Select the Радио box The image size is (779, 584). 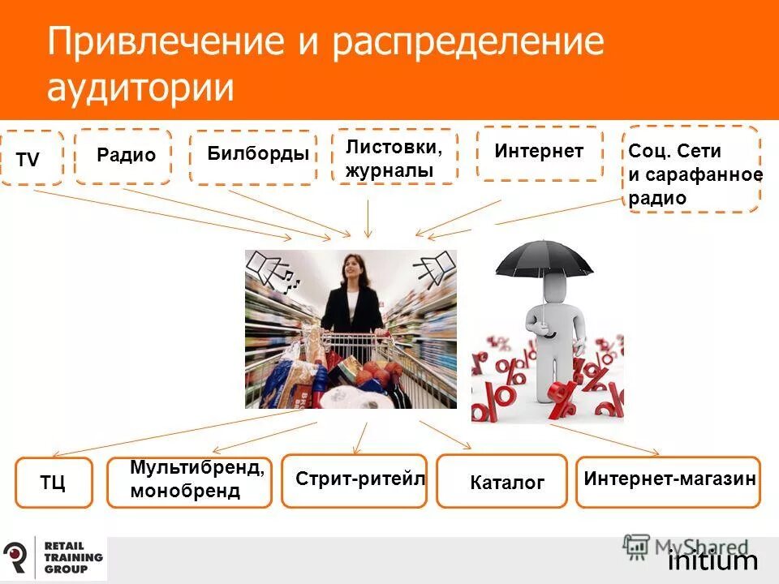pyautogui.click(x=123, y=156)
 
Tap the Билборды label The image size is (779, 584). pyautogui.click(x=252, y=157)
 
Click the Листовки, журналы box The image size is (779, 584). pyautogui.click(x=395, y=157)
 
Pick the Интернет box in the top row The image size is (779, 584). pyautogui.click(x=539, y=152)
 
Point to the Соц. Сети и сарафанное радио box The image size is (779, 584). pyautogui.click(x=691, y=170)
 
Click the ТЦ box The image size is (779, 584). pyautogui.click(x=54, y=483)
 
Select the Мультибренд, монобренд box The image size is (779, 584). pyautogui.click(x=189, y=482)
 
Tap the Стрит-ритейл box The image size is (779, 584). pyautogui.click(x=354, y=480)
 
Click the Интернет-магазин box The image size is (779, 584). pyautogui.click(x=669, y=481)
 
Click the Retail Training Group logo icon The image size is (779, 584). pyautogui.click(x=15, y=557)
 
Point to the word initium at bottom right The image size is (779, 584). pyautogui.click(x=712, y=561)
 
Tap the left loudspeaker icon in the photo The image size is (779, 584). pyautogui.click(x=269, y=268)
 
